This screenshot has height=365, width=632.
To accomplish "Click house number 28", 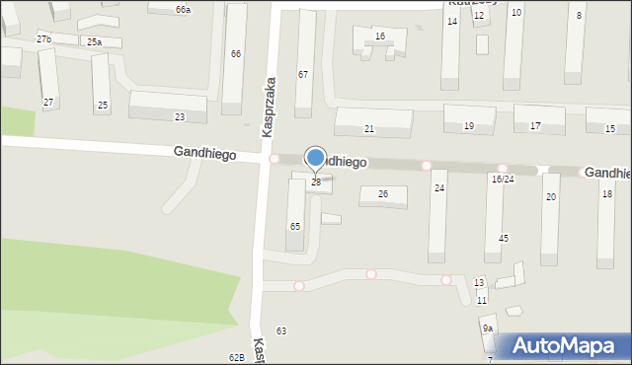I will (316, 182).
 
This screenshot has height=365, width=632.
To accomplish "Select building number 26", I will (383, 193).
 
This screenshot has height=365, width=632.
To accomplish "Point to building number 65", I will (294, 226).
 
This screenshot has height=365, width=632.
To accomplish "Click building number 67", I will (303, 75).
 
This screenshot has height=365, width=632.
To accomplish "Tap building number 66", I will (236, 54).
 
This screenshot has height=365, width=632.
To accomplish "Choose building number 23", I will (179, 117).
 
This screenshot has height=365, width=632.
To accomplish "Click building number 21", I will (369, 129).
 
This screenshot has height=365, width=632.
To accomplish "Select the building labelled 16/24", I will (503, 179).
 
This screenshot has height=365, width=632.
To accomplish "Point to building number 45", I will (504, 239).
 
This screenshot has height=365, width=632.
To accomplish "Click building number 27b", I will (43, 38).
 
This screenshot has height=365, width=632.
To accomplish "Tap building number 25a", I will (94, 42).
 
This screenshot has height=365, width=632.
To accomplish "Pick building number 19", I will (468, 126).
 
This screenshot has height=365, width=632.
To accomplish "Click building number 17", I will (535, 126).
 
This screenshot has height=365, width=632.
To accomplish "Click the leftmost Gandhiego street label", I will (204, 153).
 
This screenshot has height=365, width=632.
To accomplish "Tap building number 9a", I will (488, 328).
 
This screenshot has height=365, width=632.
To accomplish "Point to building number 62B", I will (236, 357).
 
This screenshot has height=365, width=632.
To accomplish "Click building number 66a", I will (183, 9).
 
